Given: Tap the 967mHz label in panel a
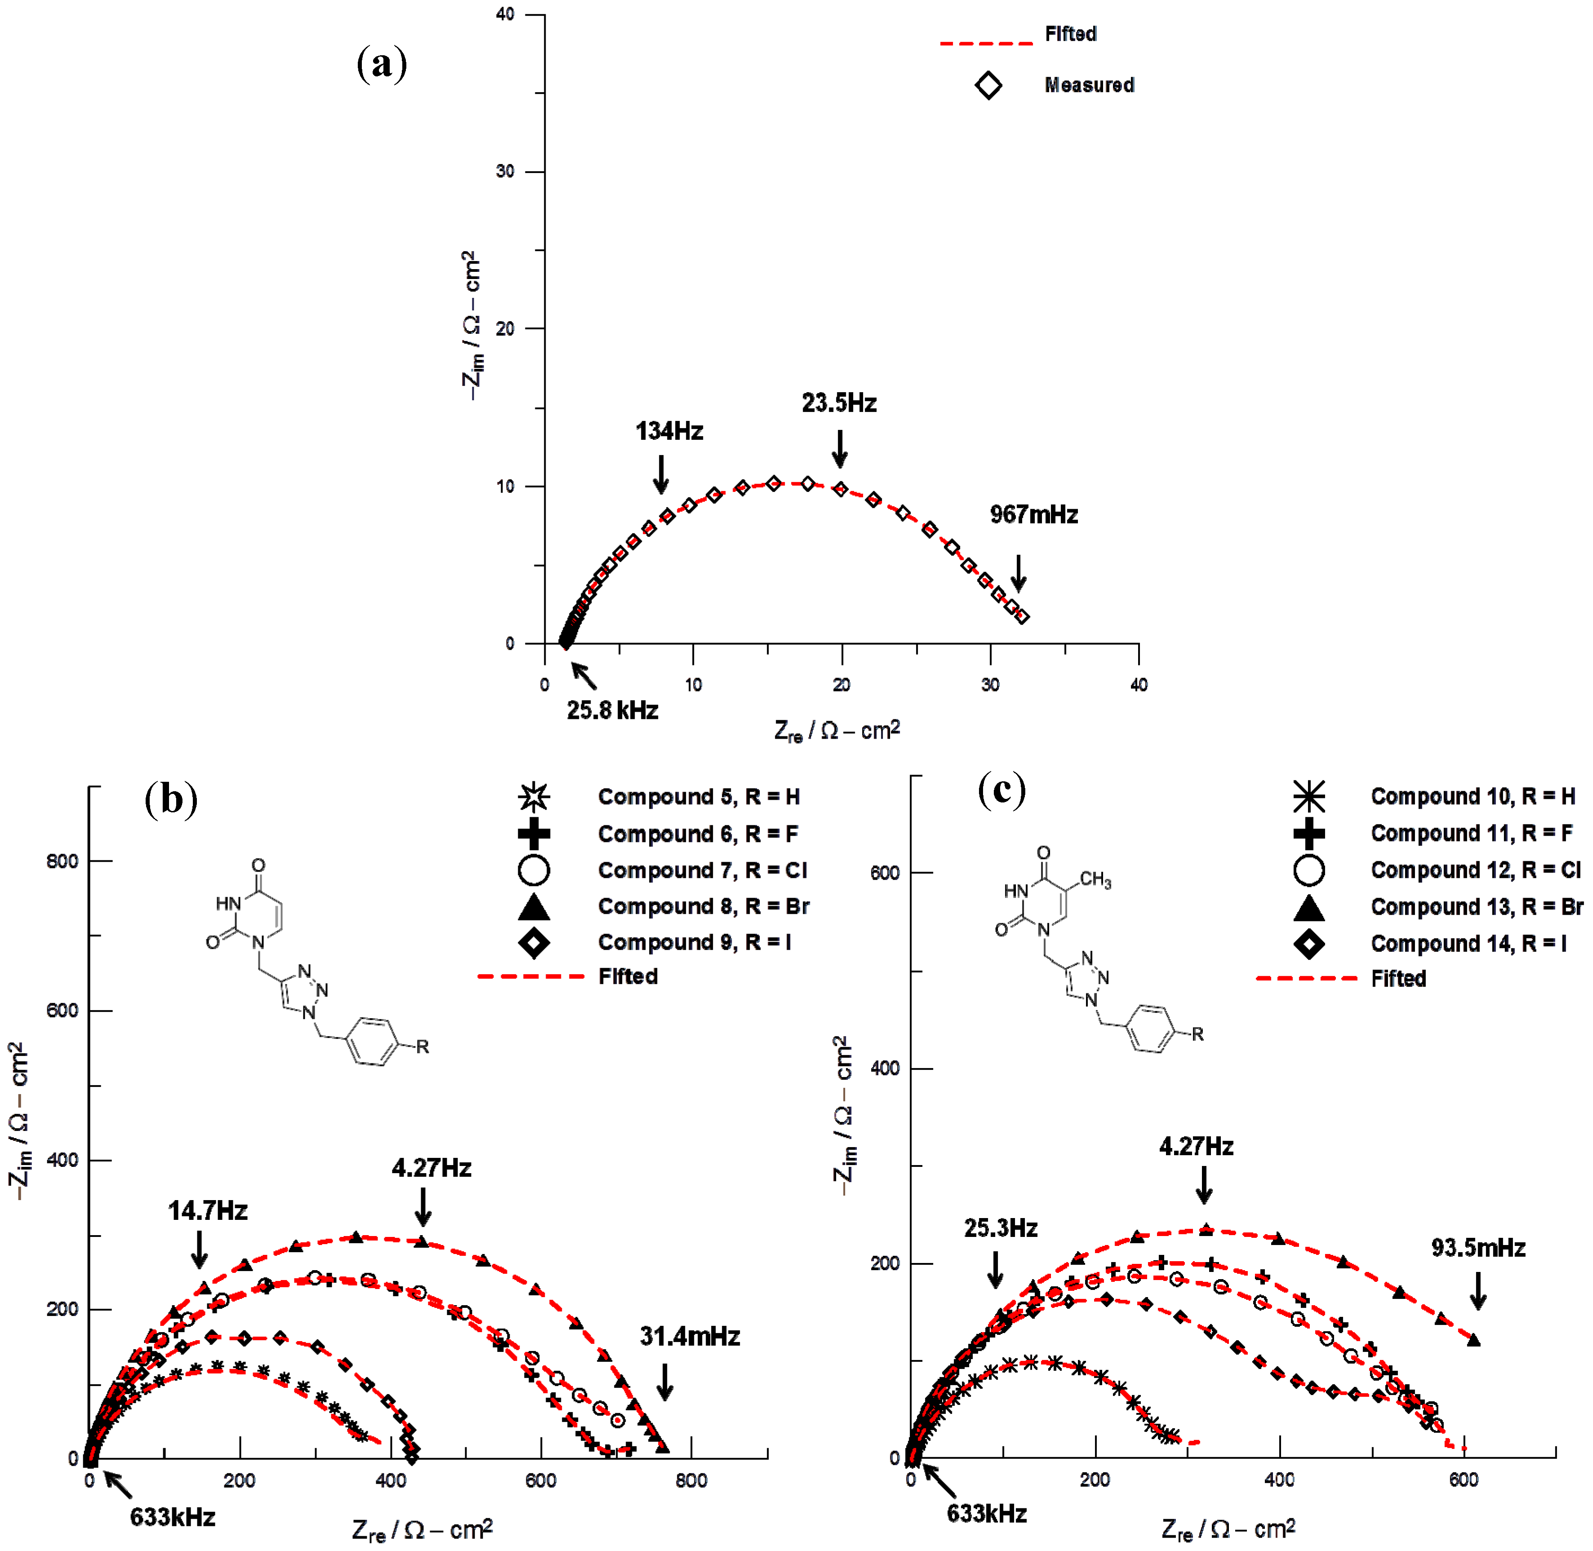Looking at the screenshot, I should point(1033,515).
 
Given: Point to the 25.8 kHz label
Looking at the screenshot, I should point(612,710).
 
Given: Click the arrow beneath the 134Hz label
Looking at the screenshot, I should point(661,474).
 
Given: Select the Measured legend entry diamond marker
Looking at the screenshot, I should point(988,85).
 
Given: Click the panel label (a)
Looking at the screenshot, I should point(381,64).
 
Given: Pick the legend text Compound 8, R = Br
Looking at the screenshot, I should point(703,907).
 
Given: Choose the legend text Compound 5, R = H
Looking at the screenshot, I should point(699,797).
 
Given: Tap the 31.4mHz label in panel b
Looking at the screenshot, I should point(690,1337).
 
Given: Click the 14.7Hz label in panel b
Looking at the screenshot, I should point(208,1211).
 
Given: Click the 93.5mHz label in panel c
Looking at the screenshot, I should point(1478,1248).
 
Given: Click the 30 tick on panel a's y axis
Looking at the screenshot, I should point(505,172).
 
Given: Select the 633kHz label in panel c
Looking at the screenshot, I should point(986,1514).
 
